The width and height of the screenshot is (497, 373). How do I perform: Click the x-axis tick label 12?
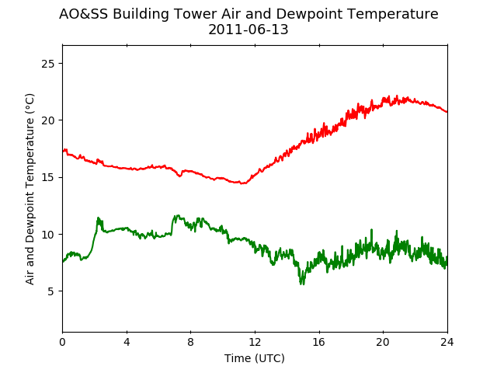point(255,342)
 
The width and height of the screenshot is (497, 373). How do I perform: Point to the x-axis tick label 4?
point(127,342)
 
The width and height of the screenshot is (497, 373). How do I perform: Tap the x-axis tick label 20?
point(383,342)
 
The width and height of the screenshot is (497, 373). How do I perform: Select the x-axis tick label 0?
point(62,342)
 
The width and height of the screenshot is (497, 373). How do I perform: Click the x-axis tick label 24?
point(447,342)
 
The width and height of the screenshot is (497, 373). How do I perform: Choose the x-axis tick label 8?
point(190,342)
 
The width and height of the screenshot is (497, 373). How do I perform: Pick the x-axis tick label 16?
point(319,342)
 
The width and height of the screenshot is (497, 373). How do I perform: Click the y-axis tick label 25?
point(48,64)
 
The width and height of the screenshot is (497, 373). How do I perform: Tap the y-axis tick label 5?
point(50,291)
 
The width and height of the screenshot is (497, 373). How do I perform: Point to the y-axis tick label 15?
point(48,177)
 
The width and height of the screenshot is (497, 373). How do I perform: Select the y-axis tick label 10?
point(48,235)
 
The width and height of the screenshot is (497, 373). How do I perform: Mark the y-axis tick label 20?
point(48,120)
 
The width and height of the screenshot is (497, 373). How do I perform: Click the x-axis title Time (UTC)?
point(255,358)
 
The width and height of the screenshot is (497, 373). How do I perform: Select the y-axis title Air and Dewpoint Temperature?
point(30,189)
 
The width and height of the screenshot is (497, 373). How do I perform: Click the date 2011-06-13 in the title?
point(248,30)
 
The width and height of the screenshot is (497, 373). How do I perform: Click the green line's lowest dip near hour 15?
point(302,284)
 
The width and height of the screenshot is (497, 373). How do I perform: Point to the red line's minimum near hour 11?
point(242,183)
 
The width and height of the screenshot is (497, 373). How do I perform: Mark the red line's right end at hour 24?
point(447,112)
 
